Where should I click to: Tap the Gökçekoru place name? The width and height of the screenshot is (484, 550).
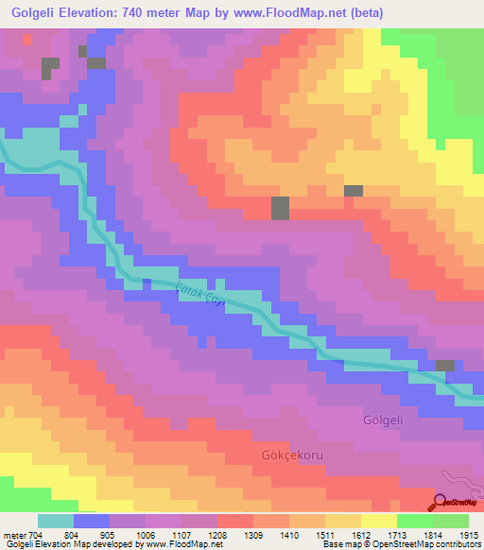pyautogui.click(x=292, y=455)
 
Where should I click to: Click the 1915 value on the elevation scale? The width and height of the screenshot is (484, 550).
pyautogui.click(x=470, y=535)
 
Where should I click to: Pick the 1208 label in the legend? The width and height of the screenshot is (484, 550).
pyautogui.click(x=217, y=535)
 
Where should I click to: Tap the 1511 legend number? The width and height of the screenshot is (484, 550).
pyautogui.click(x=325, y=535)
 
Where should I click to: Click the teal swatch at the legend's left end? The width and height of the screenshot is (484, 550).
pyautogui.click(x=55, y=521)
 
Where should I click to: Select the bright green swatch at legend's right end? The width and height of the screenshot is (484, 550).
pyautogui.click(x=451, y=521)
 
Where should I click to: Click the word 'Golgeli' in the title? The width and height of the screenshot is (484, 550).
pyautogui.click(x=39, y=13)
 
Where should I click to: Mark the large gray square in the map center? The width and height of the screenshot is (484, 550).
pyautogui.click(x=281, y=209)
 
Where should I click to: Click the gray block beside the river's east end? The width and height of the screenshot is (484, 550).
pyautogui.click(x=444, y=365)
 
